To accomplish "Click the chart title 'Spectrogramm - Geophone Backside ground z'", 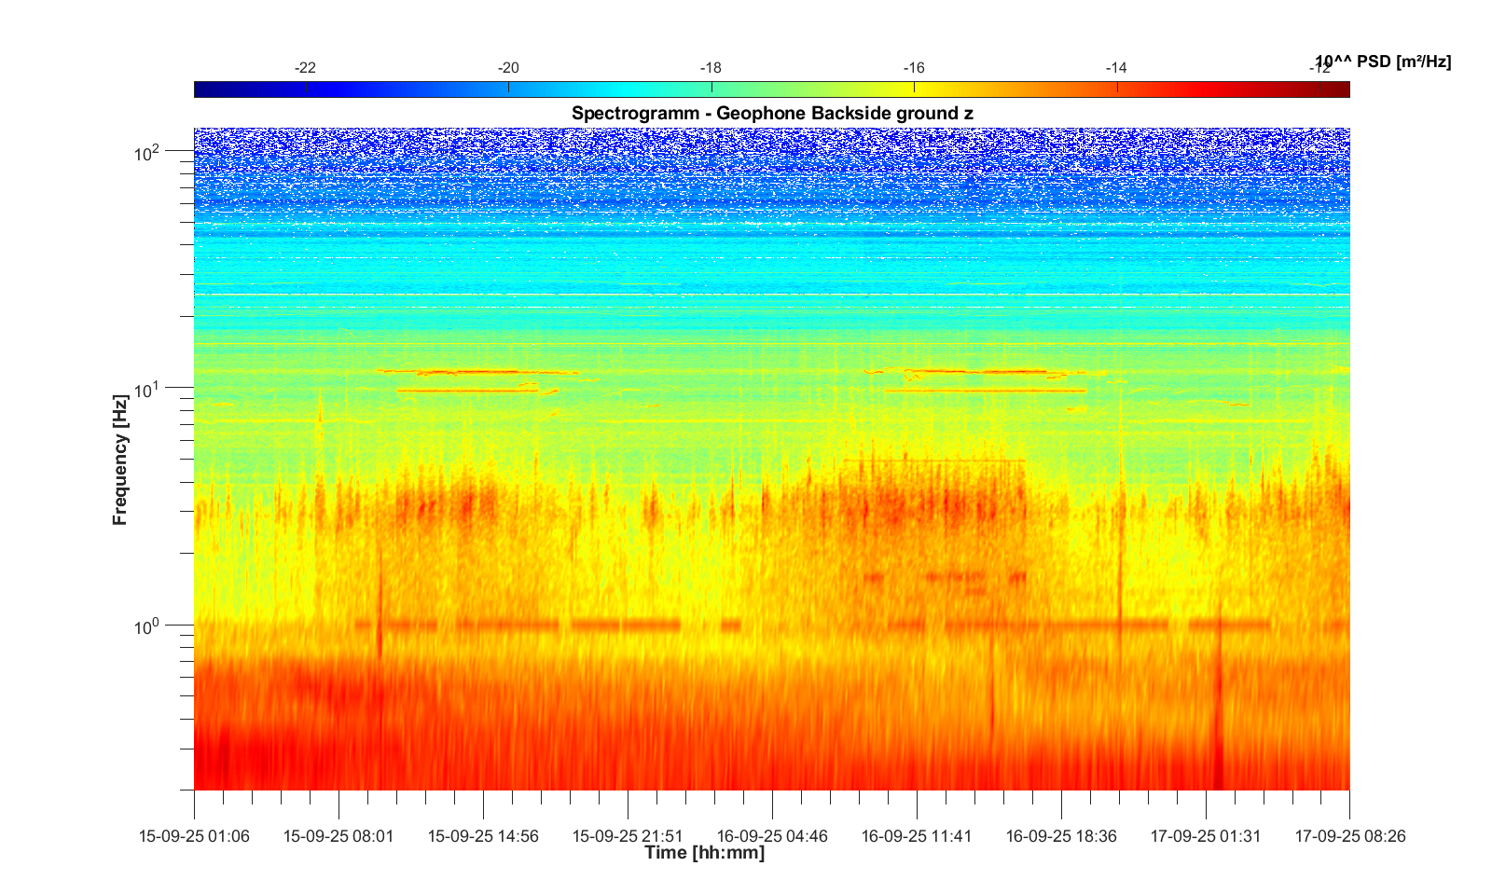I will pyautogui.click(x=772, y=114).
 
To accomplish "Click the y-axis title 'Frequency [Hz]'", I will pyautogui.click(x=119, y=460).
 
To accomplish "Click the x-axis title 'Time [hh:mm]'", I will pyautogui.click(x=704, y=852).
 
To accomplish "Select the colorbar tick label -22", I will pyautogui.click(x=305, y=68).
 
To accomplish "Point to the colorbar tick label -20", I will pyautogui.click(x=508, y=68).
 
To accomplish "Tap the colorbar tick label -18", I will pyautogui.click(x=711, y=68).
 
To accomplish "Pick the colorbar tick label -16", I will pyautogui.click(x=914, y=68).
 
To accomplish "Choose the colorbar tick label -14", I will pyautogui.click(x=1116, y=68).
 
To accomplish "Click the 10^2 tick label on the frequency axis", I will pyautogui.click(x=147, y=153).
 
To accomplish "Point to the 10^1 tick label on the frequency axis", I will pyautogui.click(x=147, y=389).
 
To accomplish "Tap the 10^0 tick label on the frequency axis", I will pyautogui.click(x=147, y=626).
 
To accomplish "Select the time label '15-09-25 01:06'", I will pyautogui.click(x=194, y=836).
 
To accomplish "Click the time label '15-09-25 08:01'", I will pyautogui.click(x=338, y=836).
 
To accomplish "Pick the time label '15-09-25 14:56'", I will pyautogui.click(x=483, y=836).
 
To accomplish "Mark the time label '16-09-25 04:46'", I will pyautogui.click(x=772, y=836).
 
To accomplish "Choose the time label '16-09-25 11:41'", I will pyautogui.click(x=917, y=836).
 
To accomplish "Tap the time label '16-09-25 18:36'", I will pyautogui.click(x=1061, y=836).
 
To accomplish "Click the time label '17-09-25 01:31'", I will pyautogui.click(x=1206, y=836).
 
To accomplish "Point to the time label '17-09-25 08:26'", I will pyautogui.click(x=1350, y=836).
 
